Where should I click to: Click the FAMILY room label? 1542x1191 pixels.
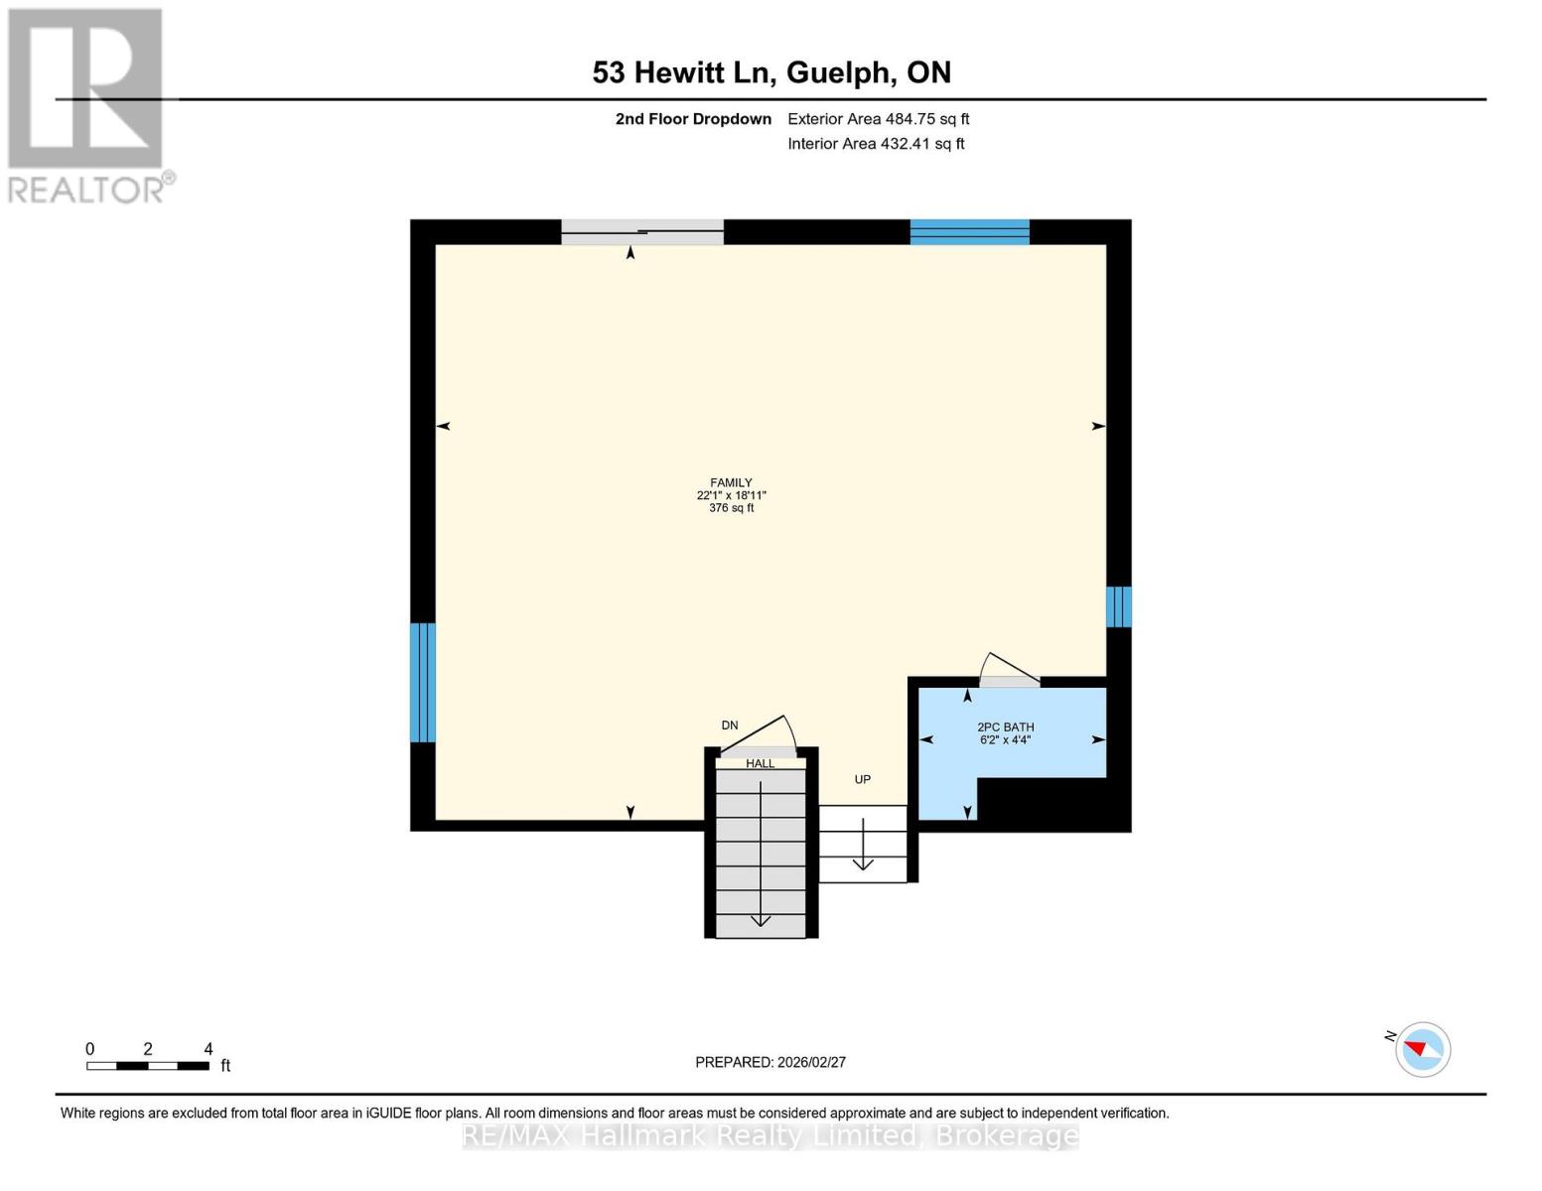click(730, 482)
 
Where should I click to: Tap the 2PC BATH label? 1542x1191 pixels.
click(1005, 728)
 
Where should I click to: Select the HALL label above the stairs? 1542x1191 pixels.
click(760, 764)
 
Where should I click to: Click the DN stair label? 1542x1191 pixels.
click(730, 725)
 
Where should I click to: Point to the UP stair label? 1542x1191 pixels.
click(862, 779)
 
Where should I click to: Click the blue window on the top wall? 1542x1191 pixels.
click(969, 232)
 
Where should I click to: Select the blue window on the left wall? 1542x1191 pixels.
click(423, 683)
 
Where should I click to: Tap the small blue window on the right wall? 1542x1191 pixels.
click(1119, 606)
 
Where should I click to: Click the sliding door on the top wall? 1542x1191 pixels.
click(642, 232)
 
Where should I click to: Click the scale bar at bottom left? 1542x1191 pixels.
click(148, 1065)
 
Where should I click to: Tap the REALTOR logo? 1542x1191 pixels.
click(88, 106)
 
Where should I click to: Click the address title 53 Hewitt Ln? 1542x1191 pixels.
click(683, 72)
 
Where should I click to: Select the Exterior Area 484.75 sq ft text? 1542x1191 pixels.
click(879, 119)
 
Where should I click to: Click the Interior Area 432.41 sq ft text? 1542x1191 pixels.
click(877, 144)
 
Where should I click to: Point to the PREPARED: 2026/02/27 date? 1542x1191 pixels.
click(771, 1062)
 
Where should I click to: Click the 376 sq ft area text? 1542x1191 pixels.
click(731, 508)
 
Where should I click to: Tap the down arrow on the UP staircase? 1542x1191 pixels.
click(863, 845)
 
